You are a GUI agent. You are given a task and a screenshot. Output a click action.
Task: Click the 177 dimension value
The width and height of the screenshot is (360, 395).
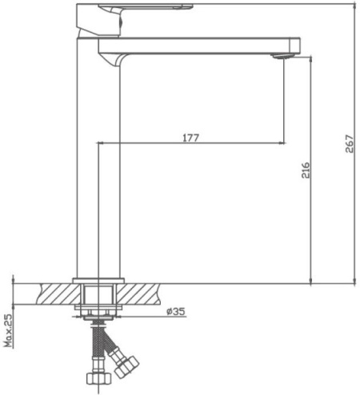[x=190, y=138]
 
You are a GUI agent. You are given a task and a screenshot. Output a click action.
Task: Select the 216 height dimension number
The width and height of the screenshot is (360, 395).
[x=306, y=170]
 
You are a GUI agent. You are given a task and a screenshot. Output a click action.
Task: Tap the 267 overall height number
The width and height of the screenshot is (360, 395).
[x=350, y=144]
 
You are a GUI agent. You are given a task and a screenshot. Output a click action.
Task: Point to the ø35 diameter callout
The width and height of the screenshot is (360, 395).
[x=175, y=311]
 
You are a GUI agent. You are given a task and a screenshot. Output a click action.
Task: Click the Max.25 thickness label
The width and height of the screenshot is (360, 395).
[x=9, y=330]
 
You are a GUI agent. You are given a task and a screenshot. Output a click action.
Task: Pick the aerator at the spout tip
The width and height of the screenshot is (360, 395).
[x=282, y=56]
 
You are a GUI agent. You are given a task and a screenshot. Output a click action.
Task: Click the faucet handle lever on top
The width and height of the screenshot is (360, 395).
[x=146, y=6]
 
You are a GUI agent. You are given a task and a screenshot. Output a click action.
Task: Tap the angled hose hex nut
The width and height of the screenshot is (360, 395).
[x=126, y=365]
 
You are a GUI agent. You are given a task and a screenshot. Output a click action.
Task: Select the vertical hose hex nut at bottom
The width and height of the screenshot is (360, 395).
[x=98, y=378]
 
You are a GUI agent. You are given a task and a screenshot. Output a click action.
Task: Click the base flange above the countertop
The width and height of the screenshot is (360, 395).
[x=98, y=281]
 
